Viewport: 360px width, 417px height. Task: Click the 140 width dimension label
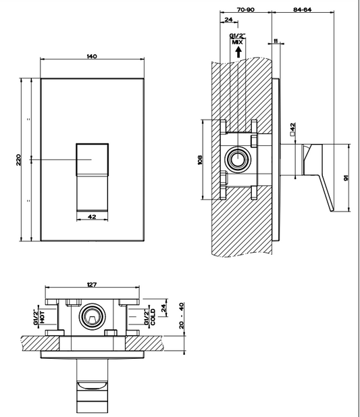[x=92, y=56]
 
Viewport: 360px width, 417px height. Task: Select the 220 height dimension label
[x=18, y=160]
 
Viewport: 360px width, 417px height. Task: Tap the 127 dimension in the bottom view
[x=92, y=285]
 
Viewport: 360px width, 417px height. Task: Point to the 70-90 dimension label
[x=245, y=10]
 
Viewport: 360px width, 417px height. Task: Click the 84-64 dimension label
[x=303, y=9]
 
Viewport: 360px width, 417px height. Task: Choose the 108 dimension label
[x=200, y=160]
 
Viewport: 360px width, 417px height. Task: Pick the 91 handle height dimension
[x=346, y=178]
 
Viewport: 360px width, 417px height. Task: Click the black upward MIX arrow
[x=238, y=52]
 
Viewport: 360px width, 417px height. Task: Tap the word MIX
[x=238, y=43]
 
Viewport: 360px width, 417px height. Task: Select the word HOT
[x=43, y=317]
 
